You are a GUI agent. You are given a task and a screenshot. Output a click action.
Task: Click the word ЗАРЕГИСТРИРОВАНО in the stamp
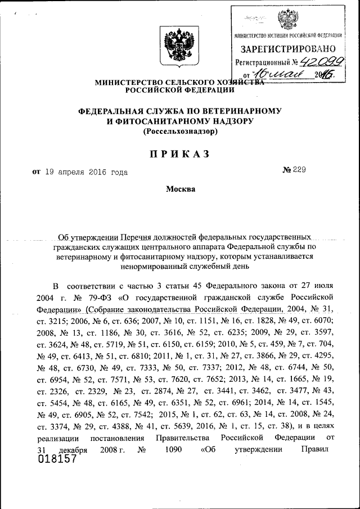[289, 49]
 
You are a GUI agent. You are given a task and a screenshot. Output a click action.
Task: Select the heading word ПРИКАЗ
[179, 154]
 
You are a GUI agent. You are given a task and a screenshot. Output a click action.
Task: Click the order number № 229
[294, 171]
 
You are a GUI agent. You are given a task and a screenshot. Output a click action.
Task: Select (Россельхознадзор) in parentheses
[180, 132]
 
